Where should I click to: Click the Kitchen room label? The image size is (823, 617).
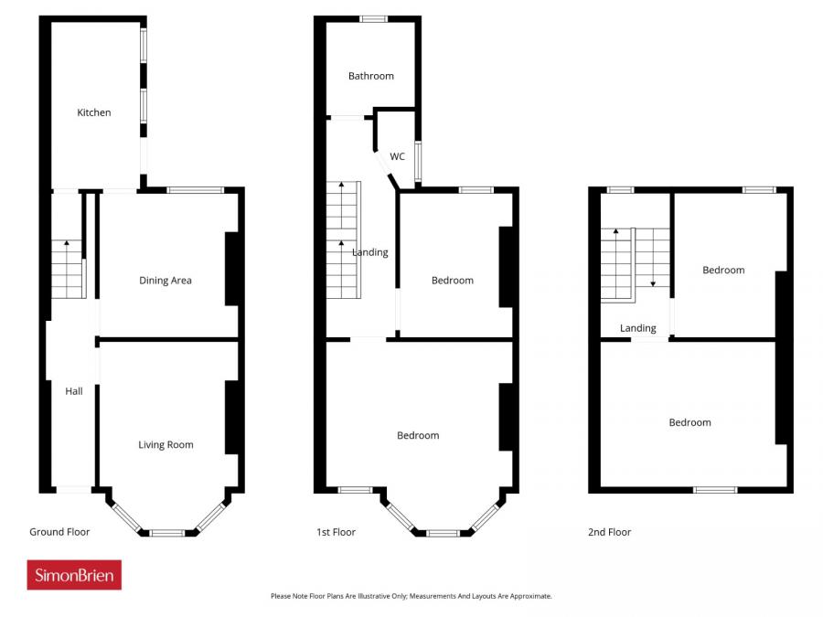tap(93, 112)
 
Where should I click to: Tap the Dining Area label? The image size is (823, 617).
tap(166, 281)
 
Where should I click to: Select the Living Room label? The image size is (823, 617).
tap(166, 445)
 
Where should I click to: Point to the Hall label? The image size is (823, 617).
tap(74, 391)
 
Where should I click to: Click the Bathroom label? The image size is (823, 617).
tap(370, 76)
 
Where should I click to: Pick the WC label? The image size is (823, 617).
tap(397, 156)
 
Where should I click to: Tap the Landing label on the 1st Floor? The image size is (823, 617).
tap(370, 252)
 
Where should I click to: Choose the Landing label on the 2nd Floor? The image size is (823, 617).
tap(637, 328)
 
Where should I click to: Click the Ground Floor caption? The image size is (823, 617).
tap(59, 532)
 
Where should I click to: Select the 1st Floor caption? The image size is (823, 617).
tap(336, 532)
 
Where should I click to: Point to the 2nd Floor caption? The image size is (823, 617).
tap(609, 532)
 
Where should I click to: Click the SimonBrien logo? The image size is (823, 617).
tap(74, 575)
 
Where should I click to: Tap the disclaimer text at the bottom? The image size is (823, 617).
tap(411, 596)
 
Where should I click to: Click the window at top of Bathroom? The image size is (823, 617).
tap(372, 18)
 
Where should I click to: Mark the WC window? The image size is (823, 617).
tap(418, 161)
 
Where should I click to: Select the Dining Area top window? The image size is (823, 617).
tap(196, 190)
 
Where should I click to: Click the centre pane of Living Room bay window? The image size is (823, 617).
tap(167, 533)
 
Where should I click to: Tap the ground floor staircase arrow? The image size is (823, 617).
tap(65, 243)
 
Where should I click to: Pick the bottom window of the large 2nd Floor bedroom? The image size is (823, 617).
tap(714, 490)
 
